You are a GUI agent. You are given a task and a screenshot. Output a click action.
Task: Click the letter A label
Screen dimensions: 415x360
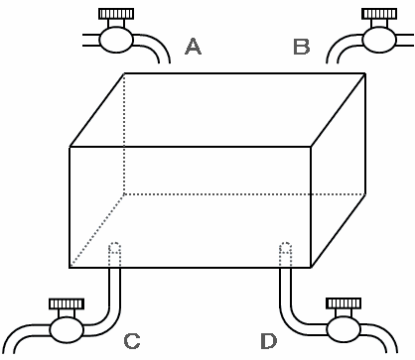[193, 46]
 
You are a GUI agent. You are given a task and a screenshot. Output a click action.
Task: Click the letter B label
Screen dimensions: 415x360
[302, 47]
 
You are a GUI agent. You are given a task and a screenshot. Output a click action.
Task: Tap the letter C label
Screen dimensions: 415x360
[132, 341]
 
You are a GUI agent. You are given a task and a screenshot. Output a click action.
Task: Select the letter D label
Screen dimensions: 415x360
[268, 341]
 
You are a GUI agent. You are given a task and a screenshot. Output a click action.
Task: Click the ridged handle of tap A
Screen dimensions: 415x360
[116, 14]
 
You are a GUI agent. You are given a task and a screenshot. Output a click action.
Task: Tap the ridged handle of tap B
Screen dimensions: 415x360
[379, 14]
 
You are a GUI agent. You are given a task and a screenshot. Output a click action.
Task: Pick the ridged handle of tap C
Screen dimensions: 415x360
[67, 303]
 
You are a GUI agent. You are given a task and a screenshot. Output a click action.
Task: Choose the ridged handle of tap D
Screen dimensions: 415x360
[344, 303]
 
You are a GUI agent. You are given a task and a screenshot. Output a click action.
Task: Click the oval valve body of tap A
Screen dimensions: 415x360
[116, 40]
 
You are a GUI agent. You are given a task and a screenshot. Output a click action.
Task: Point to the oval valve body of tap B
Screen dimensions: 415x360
[379, 40]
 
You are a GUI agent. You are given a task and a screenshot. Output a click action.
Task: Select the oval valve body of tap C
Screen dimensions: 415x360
[67, 329]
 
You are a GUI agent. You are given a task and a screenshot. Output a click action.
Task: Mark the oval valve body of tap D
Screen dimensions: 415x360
[344, 329]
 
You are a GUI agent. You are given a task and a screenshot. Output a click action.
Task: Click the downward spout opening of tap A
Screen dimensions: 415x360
[165, 62]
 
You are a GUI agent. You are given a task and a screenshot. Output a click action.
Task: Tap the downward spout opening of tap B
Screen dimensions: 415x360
[332, 62]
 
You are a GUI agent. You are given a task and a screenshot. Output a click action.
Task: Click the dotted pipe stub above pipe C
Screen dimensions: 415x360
[114, 254]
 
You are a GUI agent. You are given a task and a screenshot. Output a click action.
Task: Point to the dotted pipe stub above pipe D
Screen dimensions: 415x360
[285, 254]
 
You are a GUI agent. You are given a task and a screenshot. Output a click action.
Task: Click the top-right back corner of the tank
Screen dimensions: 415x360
[365, 73]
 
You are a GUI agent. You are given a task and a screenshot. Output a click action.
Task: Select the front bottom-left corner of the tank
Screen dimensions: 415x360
[69, 267]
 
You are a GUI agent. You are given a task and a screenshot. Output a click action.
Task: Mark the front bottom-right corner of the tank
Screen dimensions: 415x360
[311, 267]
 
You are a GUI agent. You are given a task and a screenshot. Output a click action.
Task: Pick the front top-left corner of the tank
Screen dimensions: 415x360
[69, 147]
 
